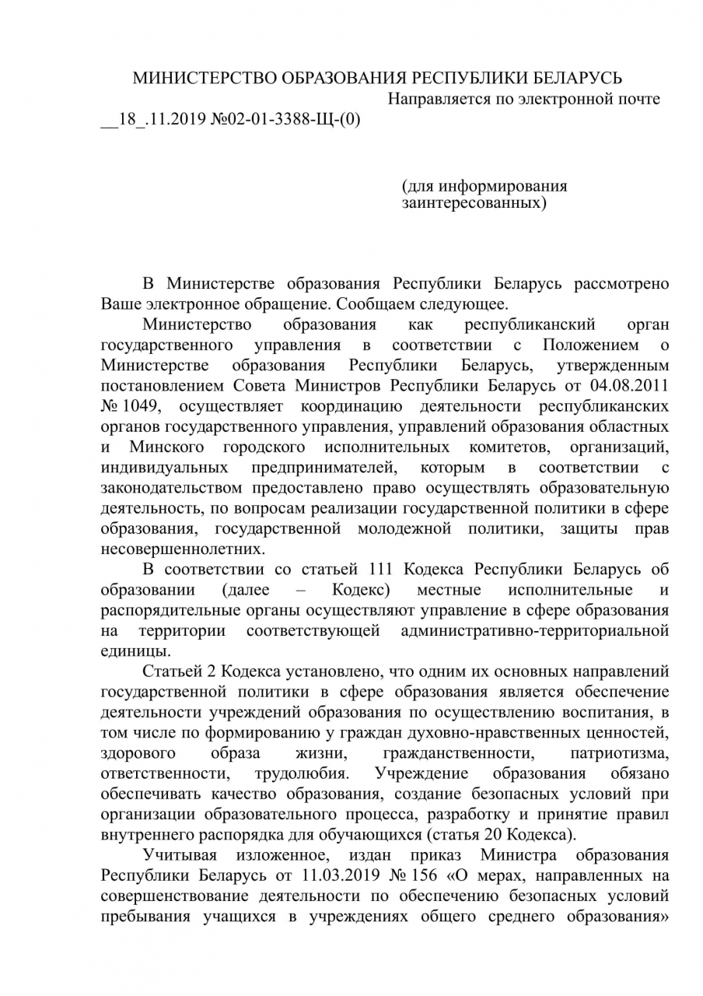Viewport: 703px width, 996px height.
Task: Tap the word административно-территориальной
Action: (x=535, y=630)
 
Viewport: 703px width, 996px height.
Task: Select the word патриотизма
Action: (x=619, y=753)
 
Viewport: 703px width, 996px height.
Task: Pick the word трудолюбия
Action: (x=301, y=774)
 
